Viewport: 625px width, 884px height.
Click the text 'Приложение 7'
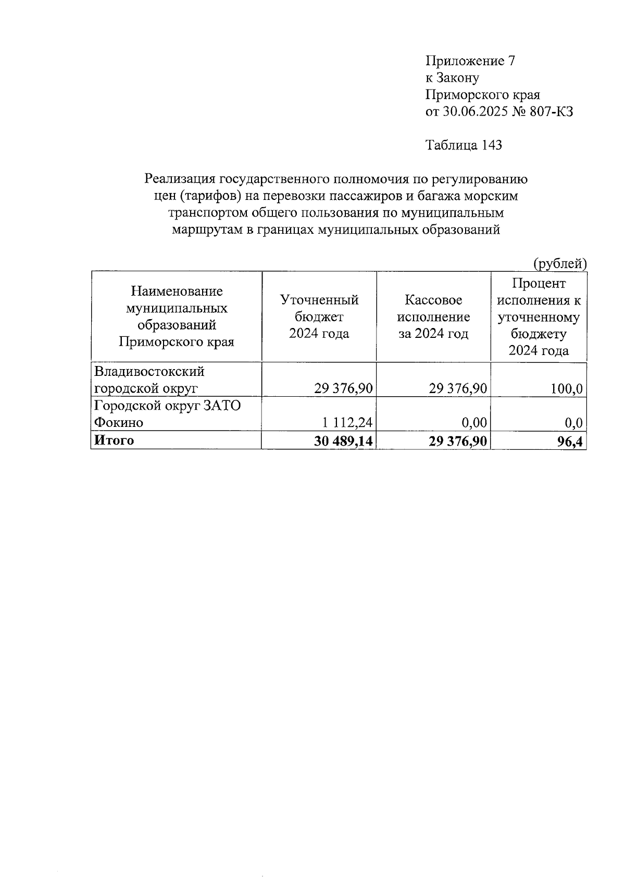(470, 61)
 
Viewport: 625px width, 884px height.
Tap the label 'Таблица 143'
(464, 145)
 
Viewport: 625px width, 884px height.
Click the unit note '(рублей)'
(560, 264)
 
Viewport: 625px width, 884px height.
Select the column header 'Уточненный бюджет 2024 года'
(319, 317)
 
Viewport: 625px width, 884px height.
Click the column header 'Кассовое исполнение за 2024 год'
(433, 317)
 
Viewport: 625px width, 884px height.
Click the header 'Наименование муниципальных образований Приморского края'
(177, 317)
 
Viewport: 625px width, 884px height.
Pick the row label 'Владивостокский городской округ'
(149, 380)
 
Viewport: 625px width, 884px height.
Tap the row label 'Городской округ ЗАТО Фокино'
(167, 413)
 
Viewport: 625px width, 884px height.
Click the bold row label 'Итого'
(114, 440)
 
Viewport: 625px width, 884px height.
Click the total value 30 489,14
(344, 441)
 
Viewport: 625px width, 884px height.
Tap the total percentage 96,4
(569, 441)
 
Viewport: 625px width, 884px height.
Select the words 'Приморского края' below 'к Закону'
(483, 95)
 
